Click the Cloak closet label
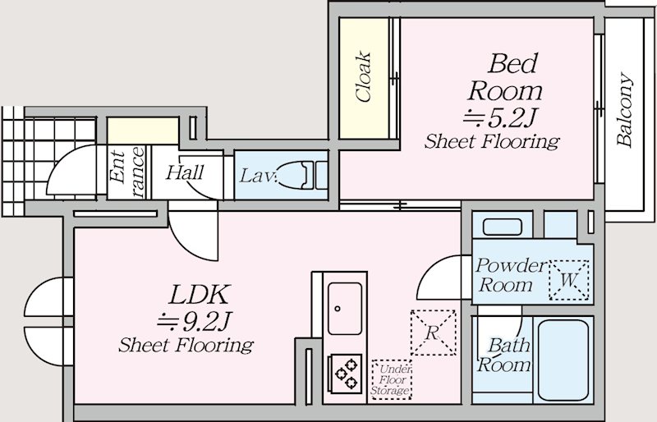363,77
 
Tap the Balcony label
624,109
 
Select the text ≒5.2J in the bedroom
499,117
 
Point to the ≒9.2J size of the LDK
194,321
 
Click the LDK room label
199,294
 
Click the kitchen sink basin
344,309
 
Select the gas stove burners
346,373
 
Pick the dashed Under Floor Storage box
392,379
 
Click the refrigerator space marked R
433,333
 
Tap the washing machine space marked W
568,280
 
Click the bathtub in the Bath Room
563,360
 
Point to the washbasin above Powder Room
502,227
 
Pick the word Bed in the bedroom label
512,64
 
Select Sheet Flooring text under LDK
186,345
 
